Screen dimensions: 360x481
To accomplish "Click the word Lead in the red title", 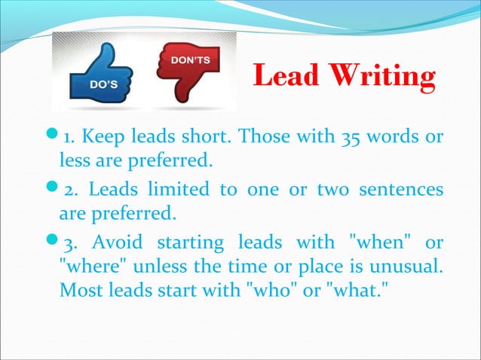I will coord(286,77).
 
